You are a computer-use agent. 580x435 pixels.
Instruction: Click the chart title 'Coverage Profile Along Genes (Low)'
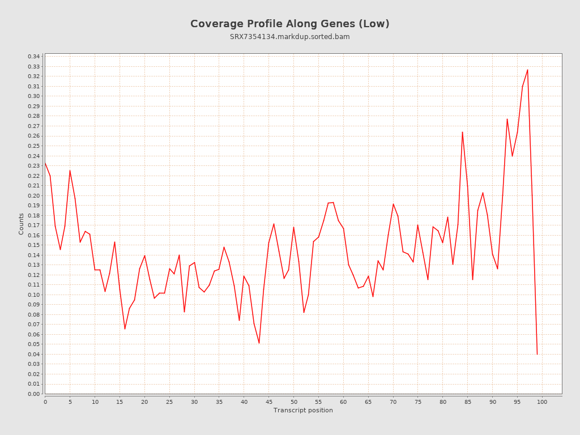(x=289, y=24)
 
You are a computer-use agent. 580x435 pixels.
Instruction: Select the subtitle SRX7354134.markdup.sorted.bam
(x=289, y=37)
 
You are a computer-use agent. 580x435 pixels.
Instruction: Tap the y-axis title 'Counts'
(x=22, y=224)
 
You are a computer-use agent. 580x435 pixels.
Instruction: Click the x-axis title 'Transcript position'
(x=303, y=410)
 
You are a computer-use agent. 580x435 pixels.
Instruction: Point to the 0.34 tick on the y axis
(x=34, y=57)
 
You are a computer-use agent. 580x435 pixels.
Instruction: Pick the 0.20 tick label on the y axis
(x=34, y=195)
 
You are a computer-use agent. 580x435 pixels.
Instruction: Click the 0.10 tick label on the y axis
(x=34, y=295)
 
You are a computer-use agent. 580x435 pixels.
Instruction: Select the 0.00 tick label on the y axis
(x=34, y=394)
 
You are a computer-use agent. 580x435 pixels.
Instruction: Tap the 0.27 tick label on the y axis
(x=34, y=126)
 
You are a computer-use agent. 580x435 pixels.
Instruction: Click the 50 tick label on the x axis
(x=293, y=402)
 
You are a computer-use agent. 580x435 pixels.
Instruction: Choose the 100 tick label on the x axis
(x=542, y=402)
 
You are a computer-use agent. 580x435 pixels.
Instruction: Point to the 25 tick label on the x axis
(x=169, y=402)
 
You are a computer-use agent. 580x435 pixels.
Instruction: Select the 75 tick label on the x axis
(x=418, y=402)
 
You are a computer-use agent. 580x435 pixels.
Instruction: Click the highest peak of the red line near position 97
(x=527, y=70)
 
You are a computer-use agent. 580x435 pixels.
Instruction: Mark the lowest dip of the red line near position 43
(x=259, y=343)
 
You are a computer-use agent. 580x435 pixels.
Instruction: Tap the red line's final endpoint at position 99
(x=537, y=354)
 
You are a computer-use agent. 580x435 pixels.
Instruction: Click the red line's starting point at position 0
(x=45, y=163)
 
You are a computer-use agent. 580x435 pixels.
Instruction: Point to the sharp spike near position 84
(x=462, y=132)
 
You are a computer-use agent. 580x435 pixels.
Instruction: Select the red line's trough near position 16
(x=125, y=329)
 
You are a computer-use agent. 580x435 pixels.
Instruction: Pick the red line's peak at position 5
(x=70, y=170)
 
